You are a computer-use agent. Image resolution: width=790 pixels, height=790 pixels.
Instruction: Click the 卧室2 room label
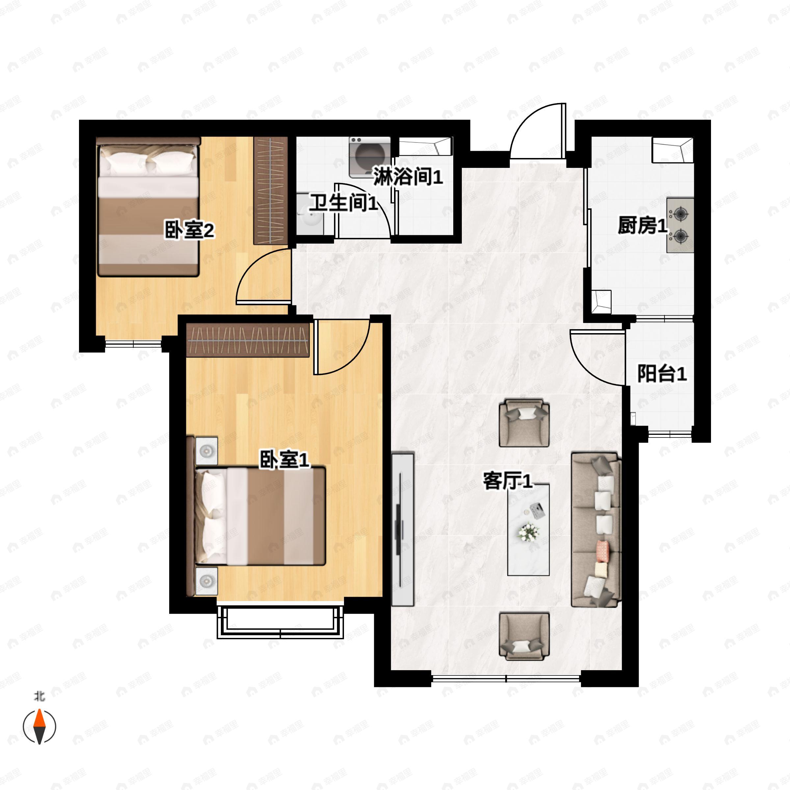coord(189,230)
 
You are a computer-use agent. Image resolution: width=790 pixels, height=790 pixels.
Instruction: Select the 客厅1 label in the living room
coord(508,481)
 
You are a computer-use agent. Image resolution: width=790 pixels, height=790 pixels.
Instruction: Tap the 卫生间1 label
coord(343,203)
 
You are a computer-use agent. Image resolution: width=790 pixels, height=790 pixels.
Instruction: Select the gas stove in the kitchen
coord(680,225)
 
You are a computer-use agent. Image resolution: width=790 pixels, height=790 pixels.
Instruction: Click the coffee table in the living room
coord(528,530)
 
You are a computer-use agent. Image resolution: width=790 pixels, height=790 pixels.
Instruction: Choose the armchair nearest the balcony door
coord(524,423)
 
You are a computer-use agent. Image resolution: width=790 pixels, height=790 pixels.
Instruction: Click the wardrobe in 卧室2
coord(271,191)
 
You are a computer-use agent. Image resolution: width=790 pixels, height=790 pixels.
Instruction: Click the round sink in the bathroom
coord(310,215)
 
